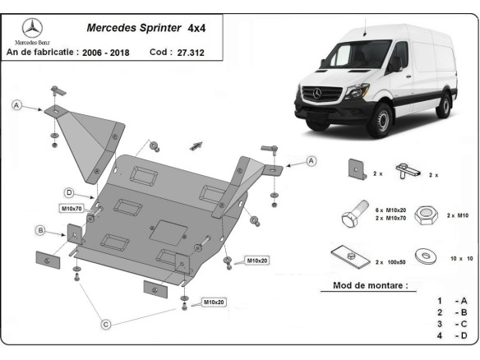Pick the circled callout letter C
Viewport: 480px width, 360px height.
pos(106,325)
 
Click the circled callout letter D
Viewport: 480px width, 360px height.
pos(70,192)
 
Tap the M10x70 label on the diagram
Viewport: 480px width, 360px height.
pos(72,208)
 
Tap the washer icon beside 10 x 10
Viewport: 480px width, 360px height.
pos(424,255)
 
